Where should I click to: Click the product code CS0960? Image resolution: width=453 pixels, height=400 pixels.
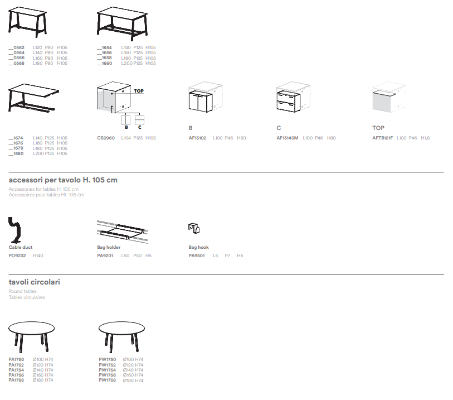pos(106,138)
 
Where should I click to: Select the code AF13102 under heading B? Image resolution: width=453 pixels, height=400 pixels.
pos(197,138)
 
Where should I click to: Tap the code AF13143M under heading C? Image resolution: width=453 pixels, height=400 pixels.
pos(287,138)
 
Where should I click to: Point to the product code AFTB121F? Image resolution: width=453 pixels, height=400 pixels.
pos(382,138)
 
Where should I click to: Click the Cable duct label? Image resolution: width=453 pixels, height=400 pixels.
pos(21,247)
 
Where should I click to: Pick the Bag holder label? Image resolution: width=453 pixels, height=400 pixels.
pos(109,247)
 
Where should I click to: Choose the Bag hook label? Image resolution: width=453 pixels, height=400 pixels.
pos(198,247)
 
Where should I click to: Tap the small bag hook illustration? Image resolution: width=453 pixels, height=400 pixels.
pos(194,228)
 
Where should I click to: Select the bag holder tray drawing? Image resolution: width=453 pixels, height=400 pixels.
pos(123,232)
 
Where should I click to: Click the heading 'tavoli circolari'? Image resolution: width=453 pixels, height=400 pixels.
pos(35,282)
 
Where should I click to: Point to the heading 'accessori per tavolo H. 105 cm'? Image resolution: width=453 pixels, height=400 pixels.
pos(63,180)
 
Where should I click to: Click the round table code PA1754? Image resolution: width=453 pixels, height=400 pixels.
pos(16,370)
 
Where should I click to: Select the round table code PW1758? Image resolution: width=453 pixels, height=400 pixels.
pos(107,380)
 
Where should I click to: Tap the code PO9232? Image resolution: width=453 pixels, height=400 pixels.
pos(17,256)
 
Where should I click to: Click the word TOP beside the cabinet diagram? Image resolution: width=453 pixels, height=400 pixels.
pos(139,91)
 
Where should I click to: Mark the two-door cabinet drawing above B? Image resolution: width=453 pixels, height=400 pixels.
pos(201,102)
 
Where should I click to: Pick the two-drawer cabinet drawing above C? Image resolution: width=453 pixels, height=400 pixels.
pos(288,102)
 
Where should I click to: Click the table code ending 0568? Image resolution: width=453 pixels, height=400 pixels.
pos(17,64)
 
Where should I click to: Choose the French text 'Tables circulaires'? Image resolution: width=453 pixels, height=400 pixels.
pos(27,297)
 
